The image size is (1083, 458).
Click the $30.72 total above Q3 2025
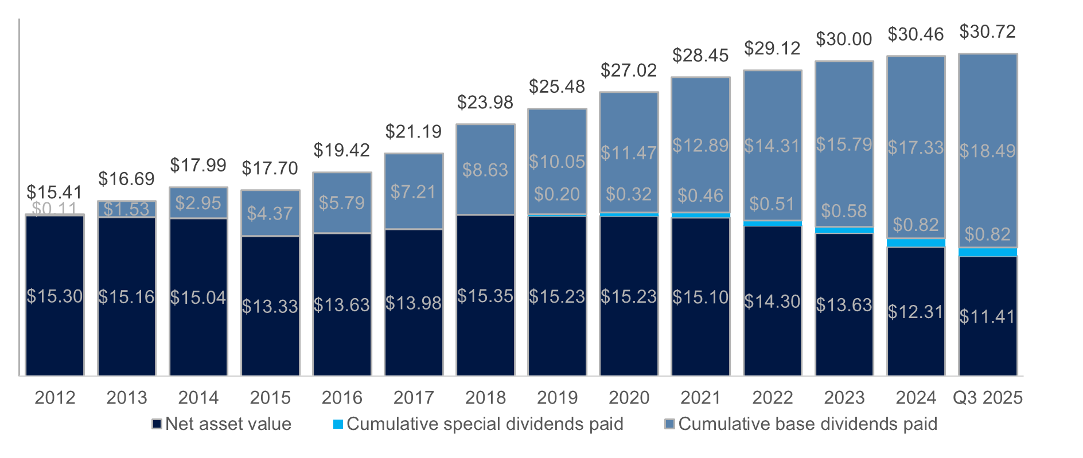click(x=987, y=32)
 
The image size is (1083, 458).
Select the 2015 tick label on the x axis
click(x=270, y=397)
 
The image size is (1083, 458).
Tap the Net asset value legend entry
click(x=222, y=424)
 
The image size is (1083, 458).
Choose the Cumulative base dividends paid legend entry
click(x=801, y=424)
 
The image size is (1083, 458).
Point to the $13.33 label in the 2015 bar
click(x=270, y=307)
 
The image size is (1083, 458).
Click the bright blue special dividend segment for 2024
click(x=916, y=243)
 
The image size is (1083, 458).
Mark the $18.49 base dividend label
click(x=987, y=151)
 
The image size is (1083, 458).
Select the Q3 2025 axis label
click(x=987, y=397)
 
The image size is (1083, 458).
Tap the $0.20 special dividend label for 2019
click(x=557, y=194)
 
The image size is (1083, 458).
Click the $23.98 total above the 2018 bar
click(x=485, y=103)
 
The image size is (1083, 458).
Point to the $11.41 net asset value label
click(x=987, y=316)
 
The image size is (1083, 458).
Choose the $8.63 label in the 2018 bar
click(x=485, y=170)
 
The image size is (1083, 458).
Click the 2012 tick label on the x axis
click(x=55, y=397)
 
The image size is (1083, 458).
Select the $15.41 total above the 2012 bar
click(x=54, y=192)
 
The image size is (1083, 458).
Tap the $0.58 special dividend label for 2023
click(x=844, y=211)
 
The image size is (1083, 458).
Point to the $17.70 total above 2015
click(x=270, y=169)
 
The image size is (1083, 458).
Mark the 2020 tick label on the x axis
click(x=629, y=397)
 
